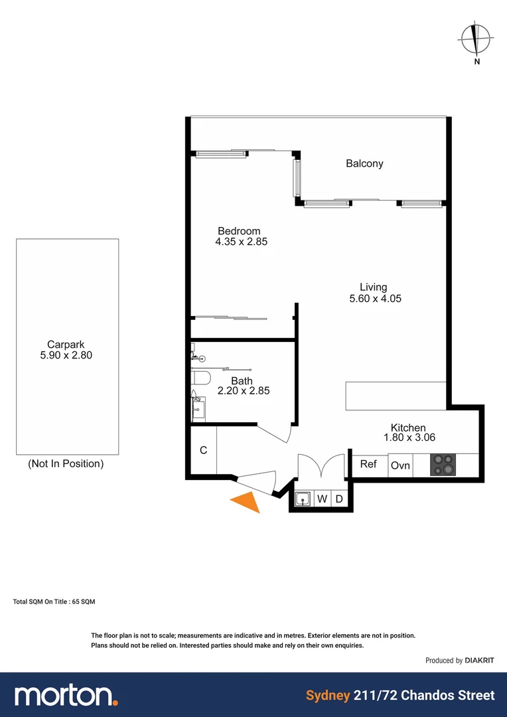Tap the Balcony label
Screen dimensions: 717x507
[364, 163]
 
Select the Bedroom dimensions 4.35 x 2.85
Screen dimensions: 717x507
[241, 242]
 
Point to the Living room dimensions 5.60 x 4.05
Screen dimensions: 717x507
[375, 299]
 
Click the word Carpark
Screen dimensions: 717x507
[66, 344]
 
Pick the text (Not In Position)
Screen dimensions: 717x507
[66, 464]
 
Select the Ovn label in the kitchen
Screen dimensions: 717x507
[400, 465]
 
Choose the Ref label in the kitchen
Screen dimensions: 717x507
[368, 464]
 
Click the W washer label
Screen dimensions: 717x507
[322, 499]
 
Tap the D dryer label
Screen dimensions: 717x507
[338, 499]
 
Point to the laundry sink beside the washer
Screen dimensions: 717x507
[303, 499]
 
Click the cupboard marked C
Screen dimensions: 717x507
[204, 450]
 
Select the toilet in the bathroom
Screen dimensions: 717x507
[200, 379]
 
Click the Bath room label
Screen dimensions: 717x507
[242, 381]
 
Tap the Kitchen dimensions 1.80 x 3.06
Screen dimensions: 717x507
[409, 438]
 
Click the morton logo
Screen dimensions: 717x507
[66, 695]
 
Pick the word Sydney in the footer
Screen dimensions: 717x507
[328, 696]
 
